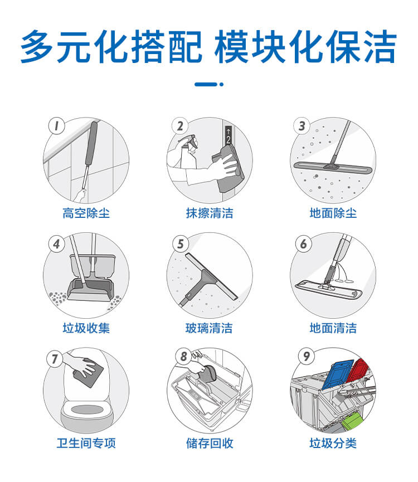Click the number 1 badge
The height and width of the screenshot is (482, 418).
tap(55, 126)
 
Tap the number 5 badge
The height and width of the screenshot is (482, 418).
tap(179, 244)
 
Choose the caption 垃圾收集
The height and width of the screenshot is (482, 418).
tap(86, 328)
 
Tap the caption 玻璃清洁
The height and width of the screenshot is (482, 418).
tap(209, 328)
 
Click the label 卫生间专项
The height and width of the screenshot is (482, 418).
tap(86, 444)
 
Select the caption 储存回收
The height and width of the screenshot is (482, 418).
tap(209, 444)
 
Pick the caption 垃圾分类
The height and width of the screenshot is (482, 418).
tap(333, 444)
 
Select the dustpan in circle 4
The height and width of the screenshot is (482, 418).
tap(89, 290)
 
